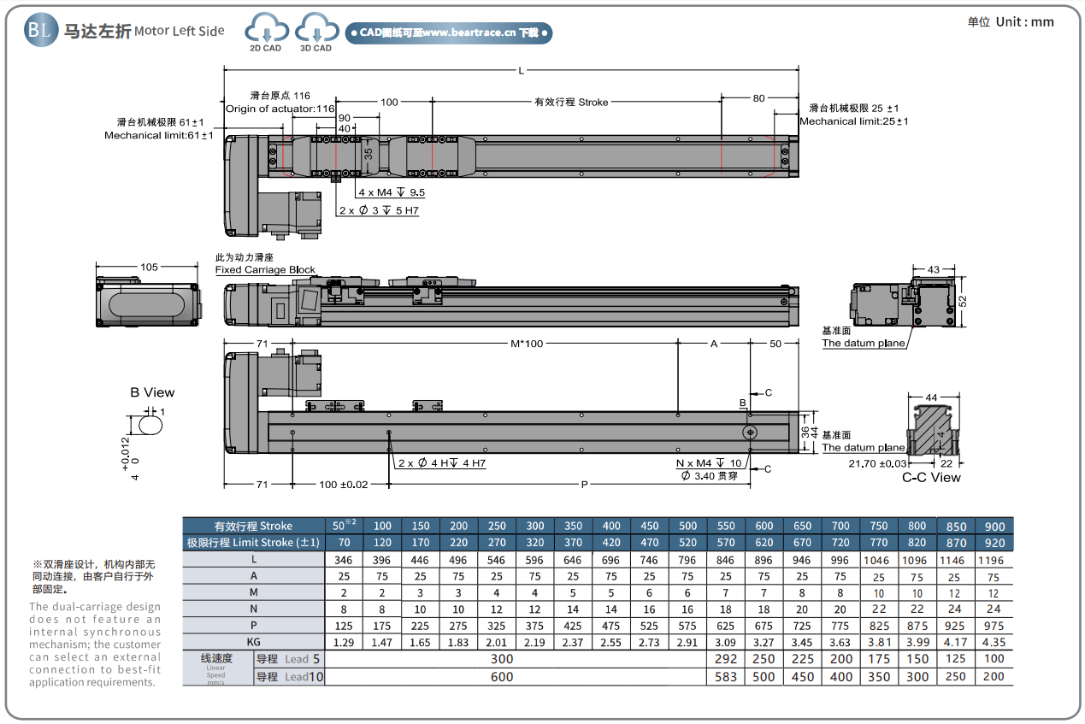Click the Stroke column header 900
[994, 526]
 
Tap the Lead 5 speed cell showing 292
[725, 659]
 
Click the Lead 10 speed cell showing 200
[994, 676]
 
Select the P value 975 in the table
[994, 625]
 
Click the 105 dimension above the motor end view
[150, 268]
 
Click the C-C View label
[931, 478]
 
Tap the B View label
[152, 392]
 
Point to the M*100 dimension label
[527, 344]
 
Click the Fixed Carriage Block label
[265, 270]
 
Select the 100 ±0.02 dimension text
[343, 485]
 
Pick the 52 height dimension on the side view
[962, 301]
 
